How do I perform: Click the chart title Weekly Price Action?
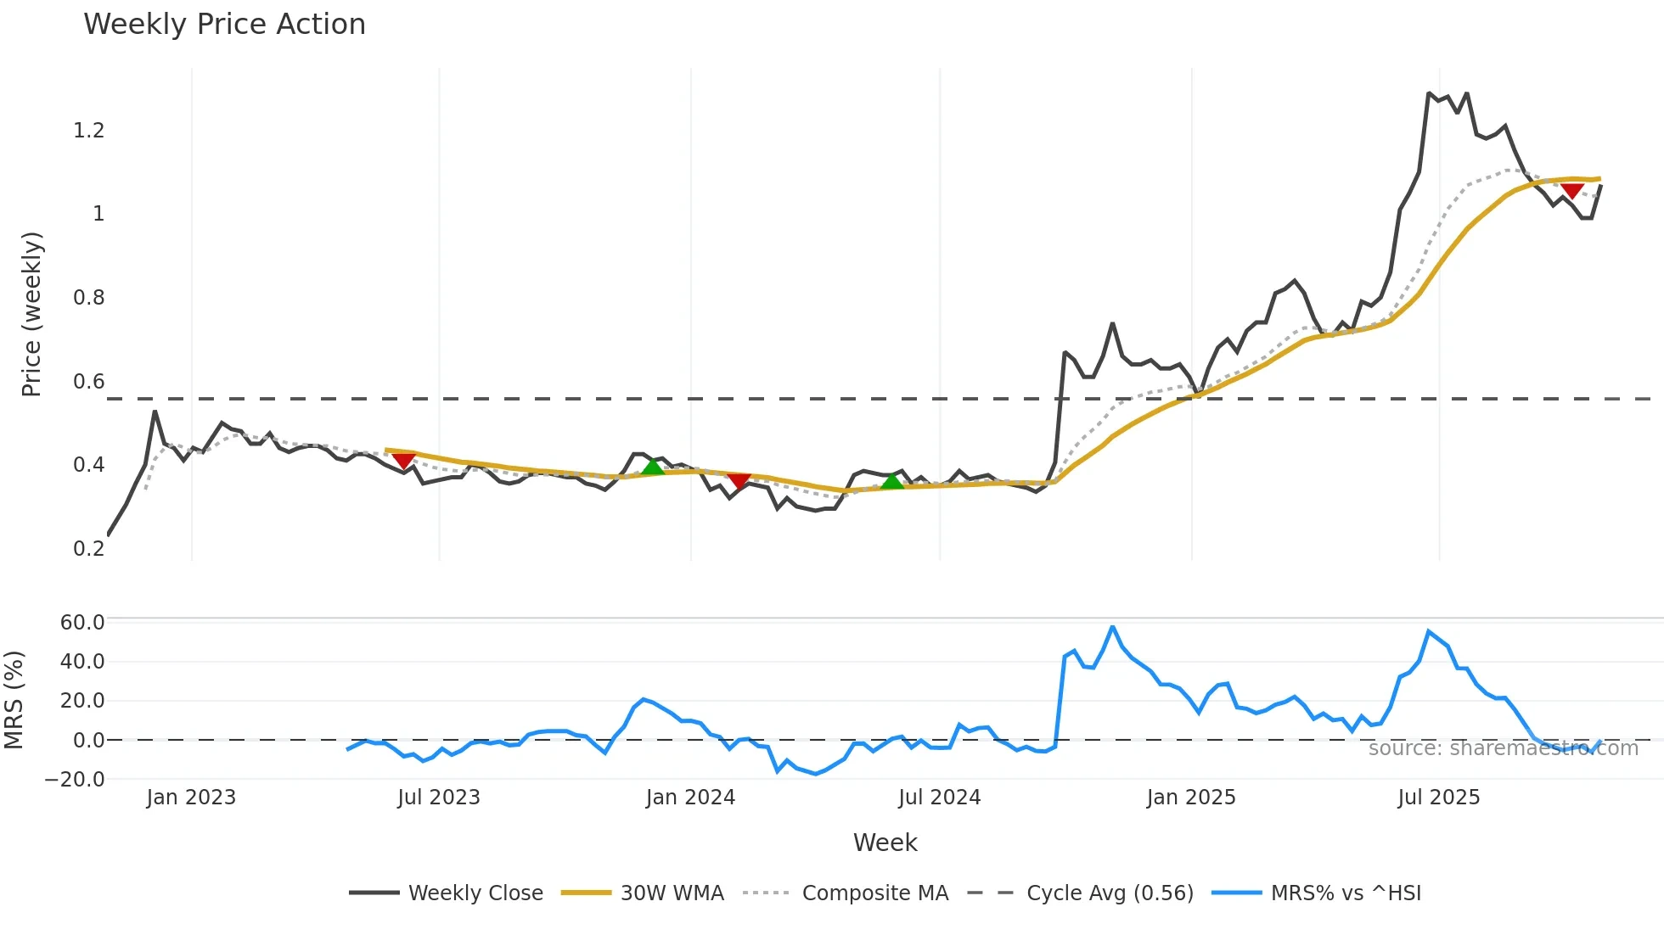point(224,25)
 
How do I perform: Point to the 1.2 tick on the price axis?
point(89,131)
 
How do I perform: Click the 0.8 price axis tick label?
point(89,298)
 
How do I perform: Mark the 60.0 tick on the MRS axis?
point(82,623)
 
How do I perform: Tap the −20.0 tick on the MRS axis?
point(76,780)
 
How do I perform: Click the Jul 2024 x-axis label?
point(939,798)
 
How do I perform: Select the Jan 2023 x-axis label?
point(191,798)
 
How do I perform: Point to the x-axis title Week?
point(885,843)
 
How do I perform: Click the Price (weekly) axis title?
point(31,314)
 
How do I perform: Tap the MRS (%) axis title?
point(14,700)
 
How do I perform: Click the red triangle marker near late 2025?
point(1572,191)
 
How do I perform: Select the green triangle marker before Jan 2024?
point(653,467)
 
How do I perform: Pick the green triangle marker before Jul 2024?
point(892,482)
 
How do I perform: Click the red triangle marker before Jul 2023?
point(404,461)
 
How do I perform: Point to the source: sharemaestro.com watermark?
point(1503,748)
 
